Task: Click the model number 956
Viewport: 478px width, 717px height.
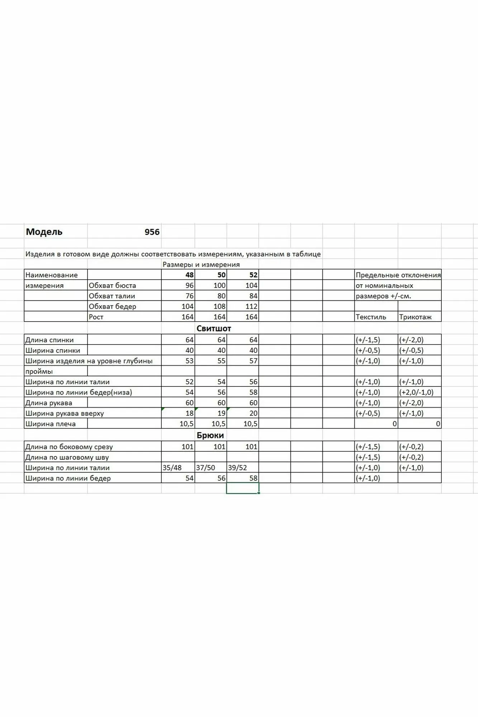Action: coord(152,232)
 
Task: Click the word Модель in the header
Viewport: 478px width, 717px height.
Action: coord(44,232)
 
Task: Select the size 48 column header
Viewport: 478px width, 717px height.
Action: coord(189,275)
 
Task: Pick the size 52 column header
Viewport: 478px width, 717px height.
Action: coord(253,275)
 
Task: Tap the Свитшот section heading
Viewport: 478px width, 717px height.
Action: coord(214,328)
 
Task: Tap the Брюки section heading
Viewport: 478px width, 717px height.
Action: coord(210,435)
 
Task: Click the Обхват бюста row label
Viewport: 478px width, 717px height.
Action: coord(112,286)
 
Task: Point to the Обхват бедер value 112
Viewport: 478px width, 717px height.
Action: coord(251,307)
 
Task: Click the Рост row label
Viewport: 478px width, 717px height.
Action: coord(96,317)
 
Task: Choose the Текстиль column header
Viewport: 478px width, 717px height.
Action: coord(371,317)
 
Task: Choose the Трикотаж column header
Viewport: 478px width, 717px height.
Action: coord(415,317)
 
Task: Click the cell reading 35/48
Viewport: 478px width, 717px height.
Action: coord(172,468)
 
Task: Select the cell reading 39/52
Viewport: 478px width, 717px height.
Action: coord(237,468)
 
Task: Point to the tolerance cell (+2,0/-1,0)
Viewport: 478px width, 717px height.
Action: coord(416,393)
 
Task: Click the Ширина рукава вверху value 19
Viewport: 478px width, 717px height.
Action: coord(221,413)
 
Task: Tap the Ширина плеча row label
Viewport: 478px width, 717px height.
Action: coord(50,424)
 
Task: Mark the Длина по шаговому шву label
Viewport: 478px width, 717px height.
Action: coord(67,457)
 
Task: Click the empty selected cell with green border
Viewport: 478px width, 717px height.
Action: coord(242,488)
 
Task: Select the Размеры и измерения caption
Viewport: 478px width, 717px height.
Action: coord(201,265)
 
